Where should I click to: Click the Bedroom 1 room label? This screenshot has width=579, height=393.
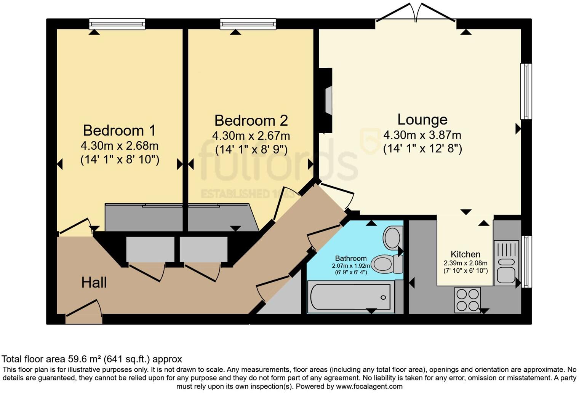point(119,130)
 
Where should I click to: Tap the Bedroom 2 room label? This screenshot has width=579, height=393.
point(251,120)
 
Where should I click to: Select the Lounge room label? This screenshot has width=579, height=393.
point(422,119)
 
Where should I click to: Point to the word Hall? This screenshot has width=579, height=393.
point(94,283)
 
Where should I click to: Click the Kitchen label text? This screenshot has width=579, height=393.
point(465,254)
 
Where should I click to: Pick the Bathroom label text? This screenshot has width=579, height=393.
point(351,259)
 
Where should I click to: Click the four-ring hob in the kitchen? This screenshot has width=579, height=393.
point(468,300)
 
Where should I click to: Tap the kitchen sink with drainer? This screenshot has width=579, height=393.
point(506,263)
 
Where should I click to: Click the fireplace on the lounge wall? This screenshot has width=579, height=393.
point(326,101)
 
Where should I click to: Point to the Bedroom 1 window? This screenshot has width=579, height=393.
point(117,24)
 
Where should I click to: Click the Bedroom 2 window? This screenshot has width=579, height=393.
point(248,24)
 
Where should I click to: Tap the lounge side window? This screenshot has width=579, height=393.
point(526,91)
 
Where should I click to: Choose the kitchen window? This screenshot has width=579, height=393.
point(526,262)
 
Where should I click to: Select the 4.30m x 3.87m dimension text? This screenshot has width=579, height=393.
point(422,135)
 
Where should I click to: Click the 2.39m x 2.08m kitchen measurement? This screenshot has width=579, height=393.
point(465,263)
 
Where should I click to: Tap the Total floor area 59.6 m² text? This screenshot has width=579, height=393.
point(92,359)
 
